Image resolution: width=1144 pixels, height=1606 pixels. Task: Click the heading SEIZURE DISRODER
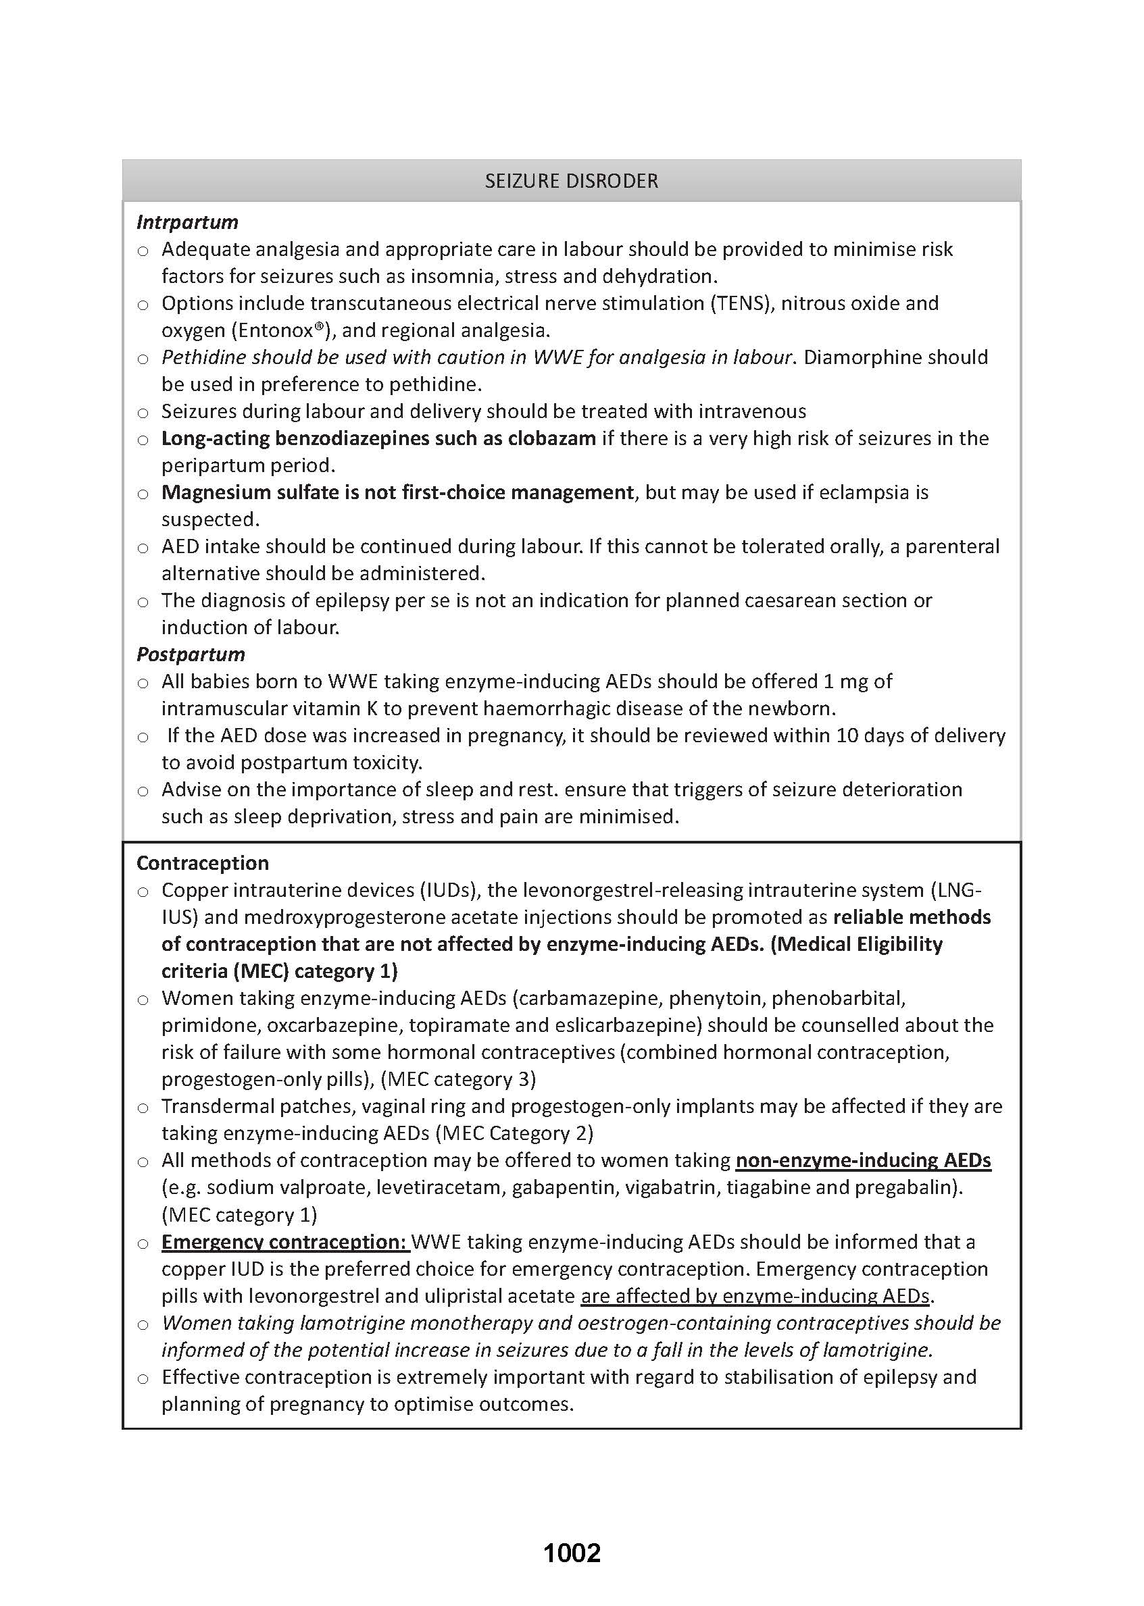pos(571,181)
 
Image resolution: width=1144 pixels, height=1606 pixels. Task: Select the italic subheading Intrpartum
pos(187,222)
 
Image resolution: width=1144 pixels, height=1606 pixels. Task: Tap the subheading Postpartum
pos(191,655)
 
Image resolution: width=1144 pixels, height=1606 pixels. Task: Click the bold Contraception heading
pos(203,863)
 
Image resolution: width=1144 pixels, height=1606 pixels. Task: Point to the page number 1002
pos(571,1553)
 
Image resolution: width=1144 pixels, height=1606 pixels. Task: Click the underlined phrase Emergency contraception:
pos(284,1242)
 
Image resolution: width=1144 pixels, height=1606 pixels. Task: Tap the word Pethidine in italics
pos(203,358)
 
